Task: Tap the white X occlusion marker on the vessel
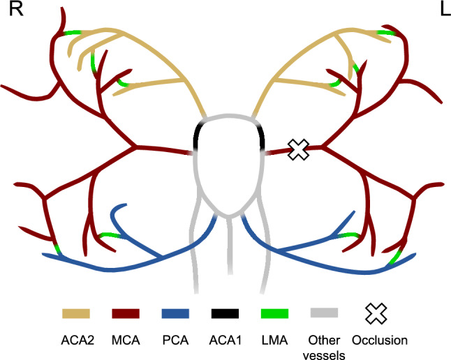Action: click(299, 149)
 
